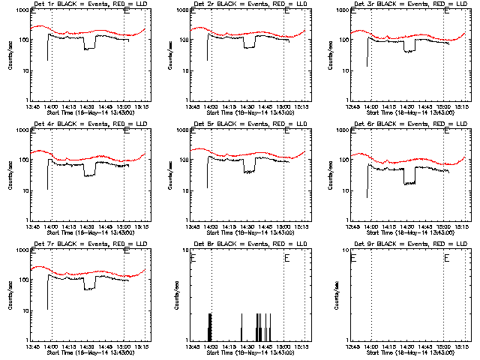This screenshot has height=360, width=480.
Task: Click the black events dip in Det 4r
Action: coord(89,175)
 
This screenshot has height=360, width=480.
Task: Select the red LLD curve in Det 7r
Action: coord(90,274)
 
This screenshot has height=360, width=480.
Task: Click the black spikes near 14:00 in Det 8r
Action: coord(210,326)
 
